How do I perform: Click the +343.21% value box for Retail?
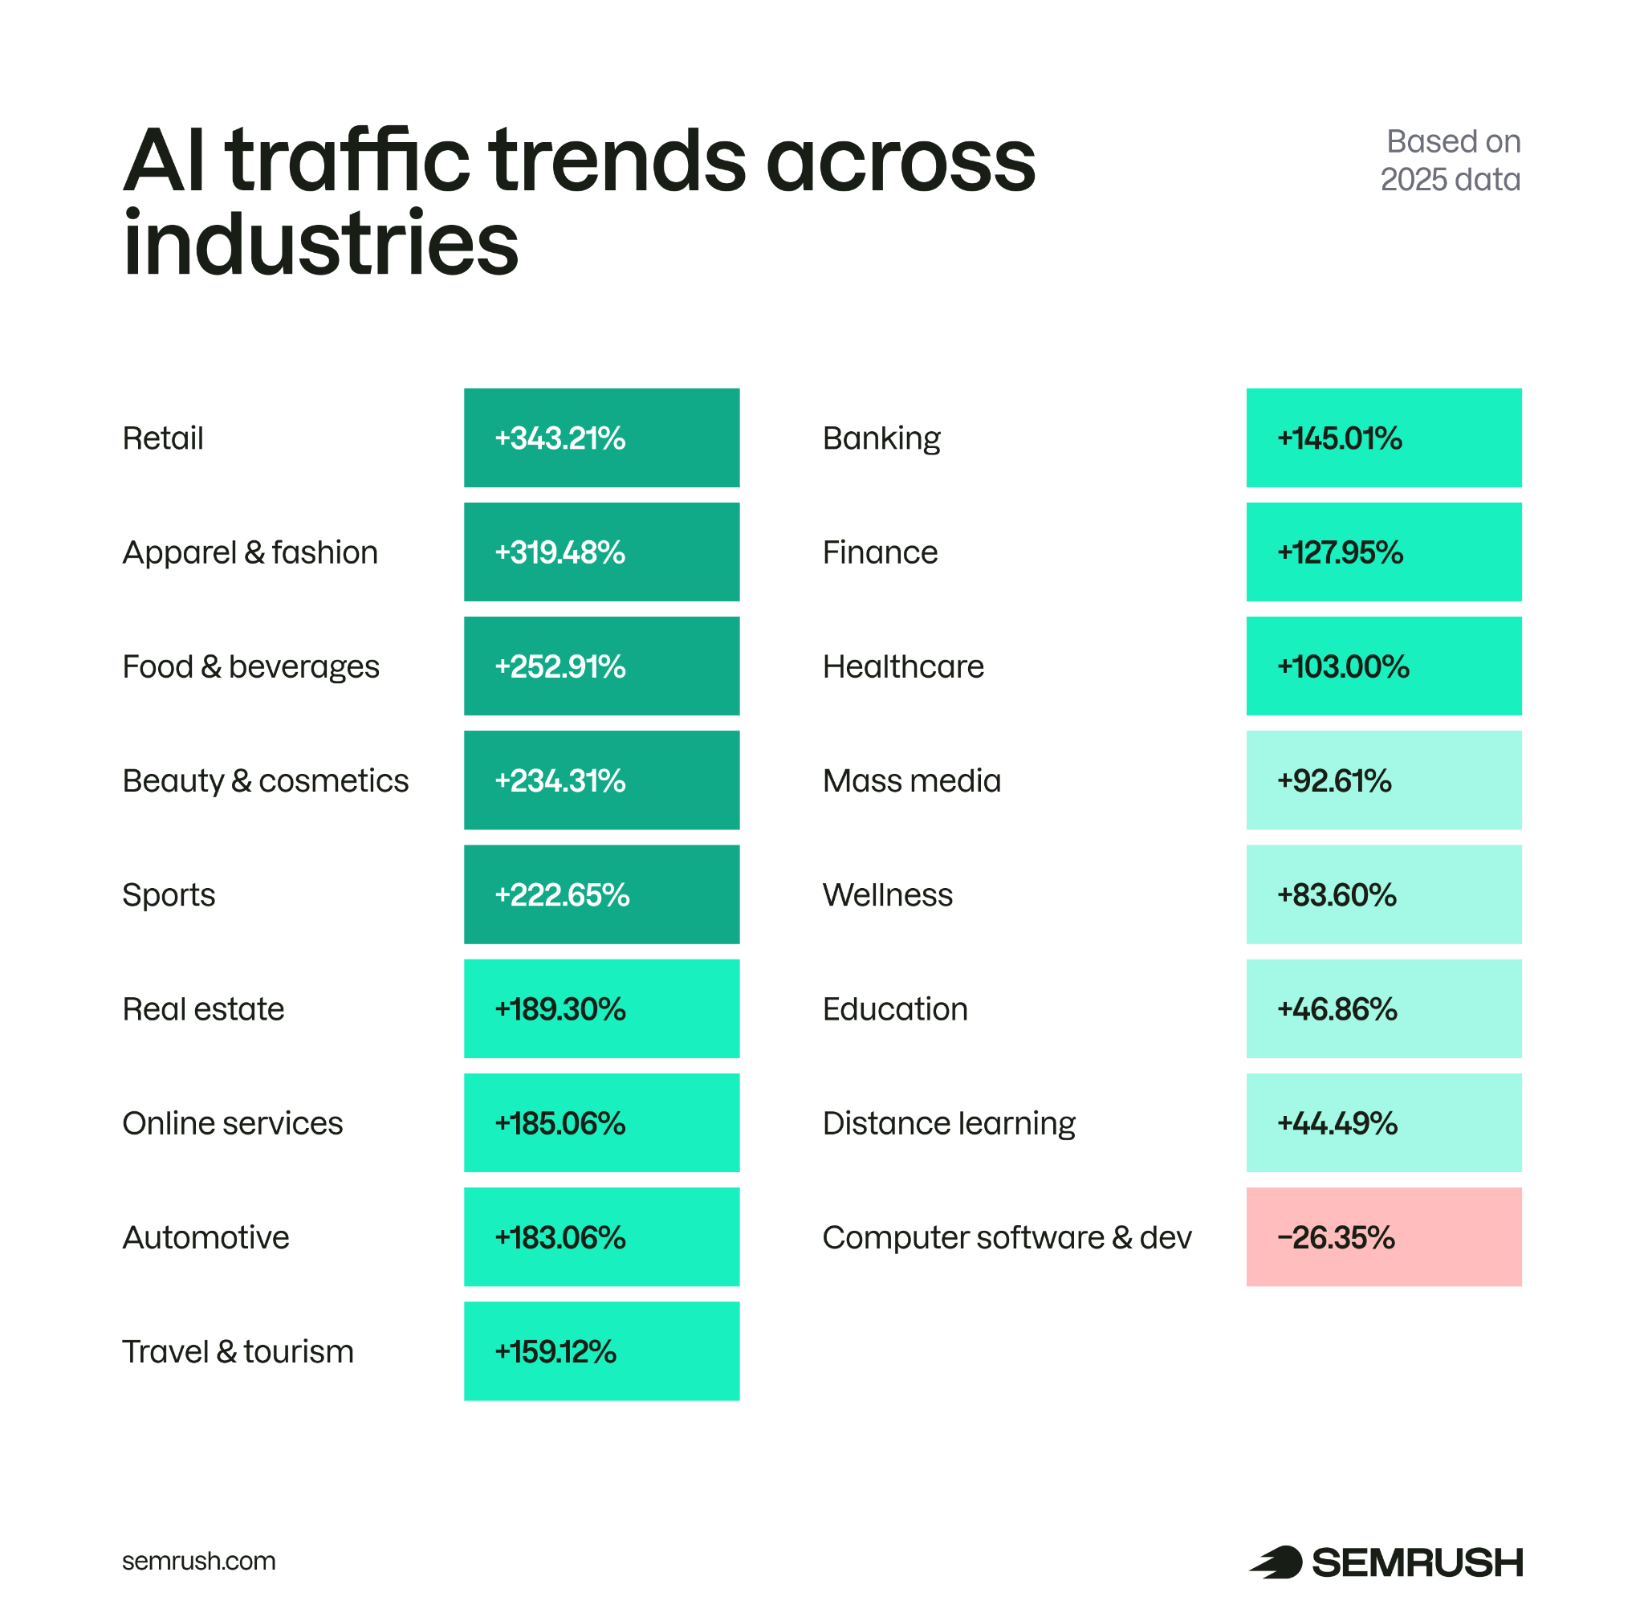point(600,438)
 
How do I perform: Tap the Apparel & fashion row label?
point(250,552)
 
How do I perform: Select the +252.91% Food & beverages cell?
point(600,666)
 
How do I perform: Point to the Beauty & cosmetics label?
point(265,780)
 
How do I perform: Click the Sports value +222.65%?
point(600,894)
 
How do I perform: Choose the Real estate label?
point(203,1009)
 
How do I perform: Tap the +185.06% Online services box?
point(600,1122)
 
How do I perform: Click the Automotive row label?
point(205,1237)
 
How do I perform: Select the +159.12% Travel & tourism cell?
point(600,1351)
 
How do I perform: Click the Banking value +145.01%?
point(1382,438)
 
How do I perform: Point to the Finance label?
point(880,552)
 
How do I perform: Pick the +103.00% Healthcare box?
point(1382,666)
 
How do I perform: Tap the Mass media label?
point(911,780)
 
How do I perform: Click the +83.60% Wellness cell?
point(1382,894)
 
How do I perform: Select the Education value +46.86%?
point(1382,1009)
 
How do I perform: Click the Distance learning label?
point(948,1122)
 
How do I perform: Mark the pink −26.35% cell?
point(1382,1237)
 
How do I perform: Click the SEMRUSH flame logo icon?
point(1276,1562)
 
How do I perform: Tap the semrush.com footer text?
point(199,1561)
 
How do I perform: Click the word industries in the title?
point(320,244)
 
